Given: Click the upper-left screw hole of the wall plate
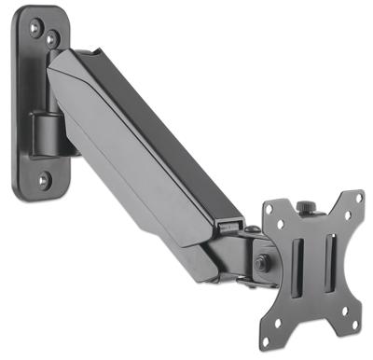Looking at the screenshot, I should pos(35,28).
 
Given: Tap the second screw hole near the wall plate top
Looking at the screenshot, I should pos(53,39).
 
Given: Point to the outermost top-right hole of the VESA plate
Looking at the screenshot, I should pos(354,200).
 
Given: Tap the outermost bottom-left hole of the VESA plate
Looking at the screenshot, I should pos(276,324).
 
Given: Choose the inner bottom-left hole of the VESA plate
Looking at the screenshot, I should pos(290,300).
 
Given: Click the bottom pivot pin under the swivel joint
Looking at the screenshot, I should pos(243,280).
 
